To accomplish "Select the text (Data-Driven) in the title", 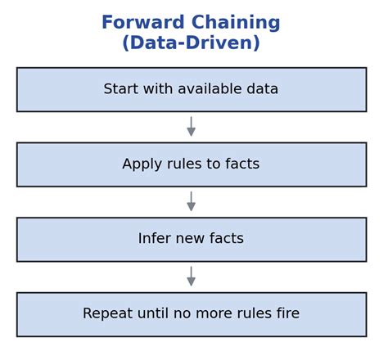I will click(191, 43).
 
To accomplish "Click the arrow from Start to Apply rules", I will click(191, 127).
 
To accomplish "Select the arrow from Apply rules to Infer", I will click(191, 202).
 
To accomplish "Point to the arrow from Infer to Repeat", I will click(191, 277).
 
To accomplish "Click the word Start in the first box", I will click(121, 89).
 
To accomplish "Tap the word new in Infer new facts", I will click(193, 239).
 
